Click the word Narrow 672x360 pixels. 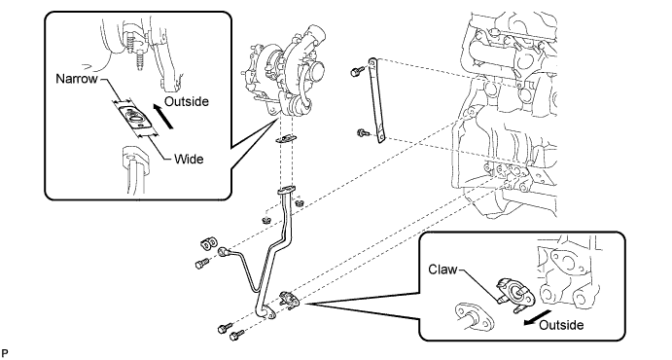click(77, 79)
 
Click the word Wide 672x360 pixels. click(189, 159)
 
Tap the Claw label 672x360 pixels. click(442, 270)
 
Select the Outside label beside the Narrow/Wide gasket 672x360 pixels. click(187, 101)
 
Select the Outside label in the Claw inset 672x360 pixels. click(561, 325)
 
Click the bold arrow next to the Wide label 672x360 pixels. click(163, 117)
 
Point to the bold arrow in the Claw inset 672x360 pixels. click(534, 317)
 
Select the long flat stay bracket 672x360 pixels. click(377, 100)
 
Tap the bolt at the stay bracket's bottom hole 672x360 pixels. click(362, 133)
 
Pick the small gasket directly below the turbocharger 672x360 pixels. click(286, 139)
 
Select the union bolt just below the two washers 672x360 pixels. click(202, 263)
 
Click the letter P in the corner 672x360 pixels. click(5, 353)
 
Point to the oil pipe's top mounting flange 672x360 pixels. click(286, 190)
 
